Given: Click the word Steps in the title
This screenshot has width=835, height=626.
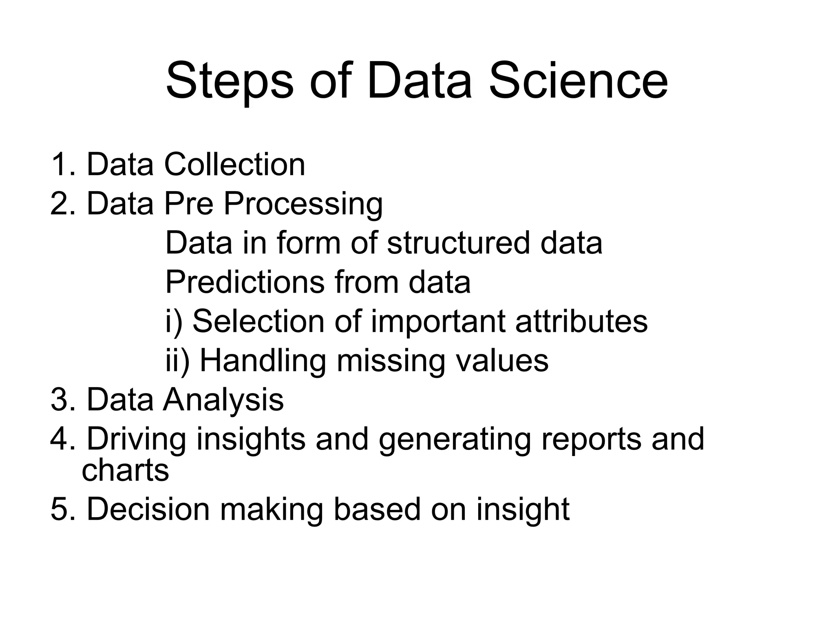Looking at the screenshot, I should click(x=230, y=82).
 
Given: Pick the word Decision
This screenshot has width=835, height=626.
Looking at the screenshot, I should click(x=148, y=509).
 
